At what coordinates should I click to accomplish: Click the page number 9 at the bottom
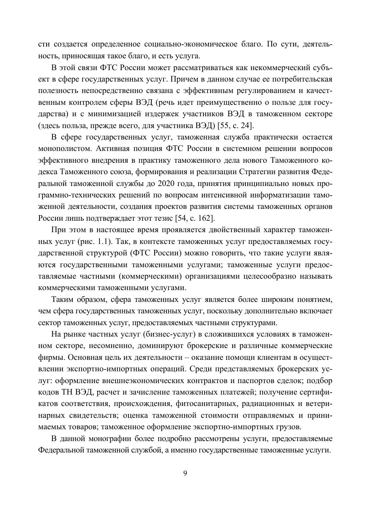click(185, 474)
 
